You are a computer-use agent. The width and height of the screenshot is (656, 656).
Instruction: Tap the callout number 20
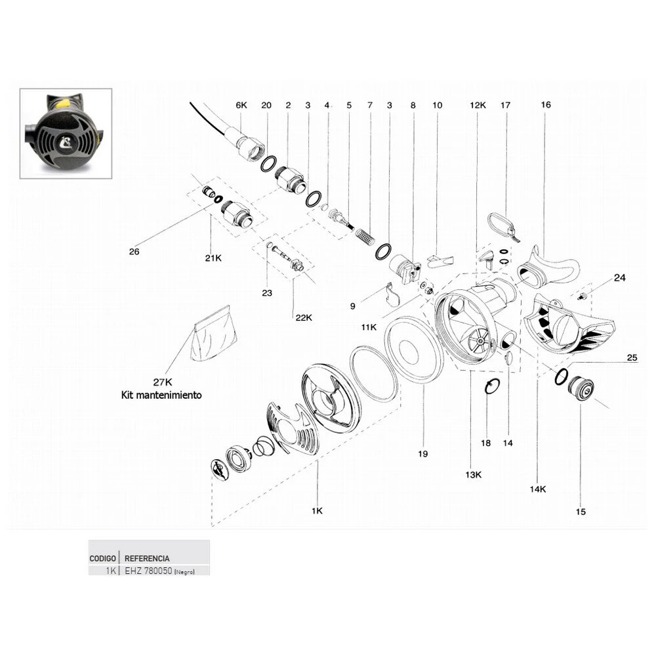[266, 105]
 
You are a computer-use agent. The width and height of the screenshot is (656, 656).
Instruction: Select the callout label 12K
[478, 105]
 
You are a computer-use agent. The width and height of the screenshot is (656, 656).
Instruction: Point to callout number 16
[546, 105]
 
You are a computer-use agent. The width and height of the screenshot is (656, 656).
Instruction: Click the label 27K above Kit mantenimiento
[162, 382]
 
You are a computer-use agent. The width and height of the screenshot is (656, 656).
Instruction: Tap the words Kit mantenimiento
[162, 395]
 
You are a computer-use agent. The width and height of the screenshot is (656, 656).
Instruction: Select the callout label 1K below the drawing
[317, 510]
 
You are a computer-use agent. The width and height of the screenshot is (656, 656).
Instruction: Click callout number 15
[581, 511]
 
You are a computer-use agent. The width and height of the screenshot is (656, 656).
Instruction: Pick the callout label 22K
[304, 318]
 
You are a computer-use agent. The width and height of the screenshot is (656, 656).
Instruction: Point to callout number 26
[134, 251]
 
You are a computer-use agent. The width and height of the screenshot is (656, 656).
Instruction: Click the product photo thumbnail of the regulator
[66, 134]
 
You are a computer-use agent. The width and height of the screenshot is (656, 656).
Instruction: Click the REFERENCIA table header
[147, 558]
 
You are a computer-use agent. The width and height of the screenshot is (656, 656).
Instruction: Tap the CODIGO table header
[103, 558]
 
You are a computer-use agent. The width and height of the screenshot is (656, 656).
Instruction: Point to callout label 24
[619, 277]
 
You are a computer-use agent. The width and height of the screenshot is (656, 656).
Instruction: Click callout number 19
[422, 453]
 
